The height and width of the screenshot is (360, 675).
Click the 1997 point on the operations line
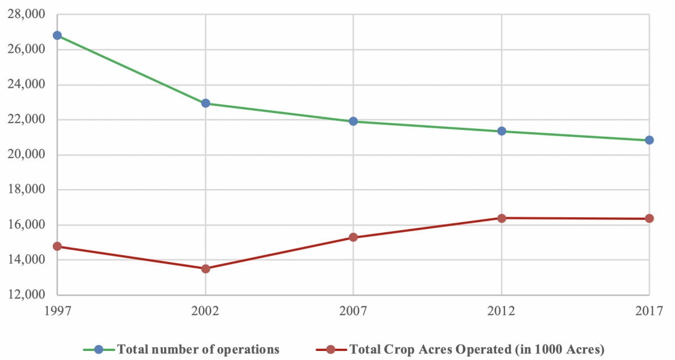click(57, 35)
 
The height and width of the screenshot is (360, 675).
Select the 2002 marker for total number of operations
click(205, 103)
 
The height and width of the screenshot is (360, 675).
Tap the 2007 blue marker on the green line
click(353, 121)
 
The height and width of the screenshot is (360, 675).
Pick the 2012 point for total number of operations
click(501, 131)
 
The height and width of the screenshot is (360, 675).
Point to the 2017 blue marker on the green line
click(649, 140)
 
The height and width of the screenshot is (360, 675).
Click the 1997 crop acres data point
click(57, 246)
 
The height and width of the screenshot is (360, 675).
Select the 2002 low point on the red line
click(205, 269)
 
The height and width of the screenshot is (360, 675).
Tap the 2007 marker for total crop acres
click(353, 237)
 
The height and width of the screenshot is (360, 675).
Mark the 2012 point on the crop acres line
click(501, 218)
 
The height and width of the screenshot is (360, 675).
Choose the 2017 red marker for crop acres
click(649, 218)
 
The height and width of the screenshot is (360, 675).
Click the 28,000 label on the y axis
click(26, 15)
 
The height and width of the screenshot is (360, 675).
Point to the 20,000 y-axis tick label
click(26, 155)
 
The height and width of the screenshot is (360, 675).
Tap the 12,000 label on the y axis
click(26, 295)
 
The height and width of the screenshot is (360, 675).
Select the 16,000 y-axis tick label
click(26, 225)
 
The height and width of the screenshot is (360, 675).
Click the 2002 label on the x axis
click(205, 310)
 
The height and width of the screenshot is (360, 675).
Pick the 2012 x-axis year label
click(501, 310)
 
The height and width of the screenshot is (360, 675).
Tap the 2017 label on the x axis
click(649, 310)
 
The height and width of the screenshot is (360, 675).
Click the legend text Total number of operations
click(197, 349)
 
